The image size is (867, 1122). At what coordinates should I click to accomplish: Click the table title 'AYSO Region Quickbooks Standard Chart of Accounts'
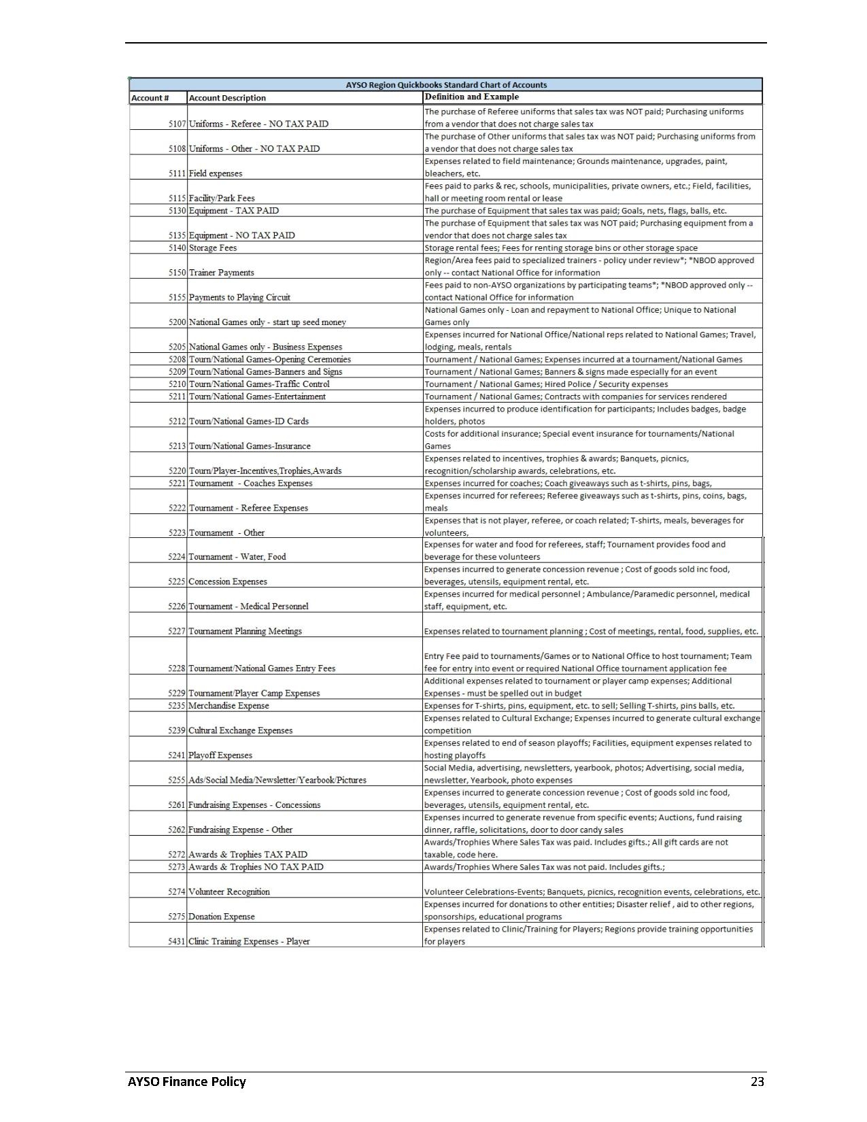tap(446, 85)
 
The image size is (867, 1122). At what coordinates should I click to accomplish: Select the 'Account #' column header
tap(150, 98)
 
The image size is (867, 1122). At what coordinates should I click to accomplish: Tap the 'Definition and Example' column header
tap(471, 97)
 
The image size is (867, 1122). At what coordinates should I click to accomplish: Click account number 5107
tap(177, 124)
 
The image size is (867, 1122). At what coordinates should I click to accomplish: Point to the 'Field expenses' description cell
tap(216, 173)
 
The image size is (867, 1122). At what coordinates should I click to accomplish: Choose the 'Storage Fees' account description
tap(213, 248)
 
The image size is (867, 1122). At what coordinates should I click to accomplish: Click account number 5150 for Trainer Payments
tap(177, 273)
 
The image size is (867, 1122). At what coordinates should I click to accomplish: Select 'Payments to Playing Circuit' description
tap(239, 297)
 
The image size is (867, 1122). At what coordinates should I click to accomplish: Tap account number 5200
tap(177, 322)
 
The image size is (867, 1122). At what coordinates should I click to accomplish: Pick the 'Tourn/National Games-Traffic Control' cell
tap(259, 384)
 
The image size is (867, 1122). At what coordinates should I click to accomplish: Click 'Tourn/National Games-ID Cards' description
tap(249, 421)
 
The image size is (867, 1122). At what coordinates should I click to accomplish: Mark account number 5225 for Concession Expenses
tap(177, 581)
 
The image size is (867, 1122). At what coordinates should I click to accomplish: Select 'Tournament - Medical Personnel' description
tap(248, 606)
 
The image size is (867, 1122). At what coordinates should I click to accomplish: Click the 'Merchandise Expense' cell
tap(228, 706)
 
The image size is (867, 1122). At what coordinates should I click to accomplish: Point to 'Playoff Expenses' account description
tap(220, 755)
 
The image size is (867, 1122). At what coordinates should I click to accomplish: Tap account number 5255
tap(177, 780)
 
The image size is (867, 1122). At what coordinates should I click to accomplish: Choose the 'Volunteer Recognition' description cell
tap(229, 891)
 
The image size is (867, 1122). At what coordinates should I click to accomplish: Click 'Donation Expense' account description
tap(222, 917)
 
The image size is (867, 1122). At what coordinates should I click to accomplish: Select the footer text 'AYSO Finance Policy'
tap(187, 1081)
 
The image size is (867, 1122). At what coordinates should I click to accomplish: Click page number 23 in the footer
tap(757, 1081)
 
